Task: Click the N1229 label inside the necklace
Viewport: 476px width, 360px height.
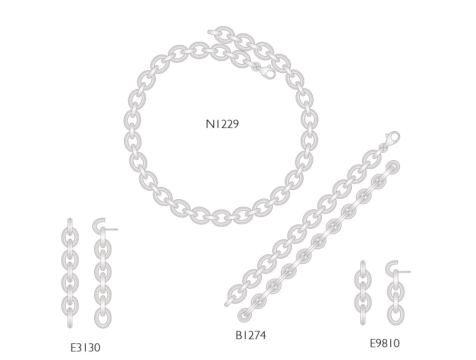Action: click(222, 124)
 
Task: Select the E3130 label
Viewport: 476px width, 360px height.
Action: click(85, 348)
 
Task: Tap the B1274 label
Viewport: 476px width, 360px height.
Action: click(251, 335)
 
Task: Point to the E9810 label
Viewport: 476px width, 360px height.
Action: click(385, 343)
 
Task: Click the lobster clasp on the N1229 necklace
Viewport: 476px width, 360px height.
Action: click(266, 72)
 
